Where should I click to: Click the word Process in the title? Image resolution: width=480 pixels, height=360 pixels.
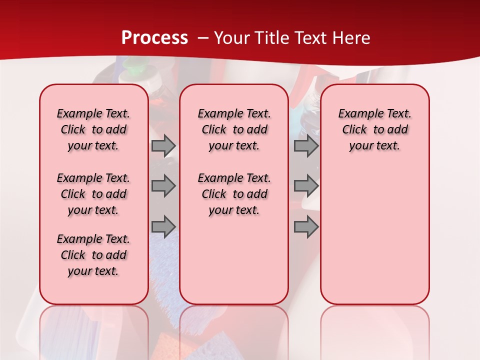click(x=154, y=37)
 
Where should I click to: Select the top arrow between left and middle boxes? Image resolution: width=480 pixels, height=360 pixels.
click(x=163, y=146)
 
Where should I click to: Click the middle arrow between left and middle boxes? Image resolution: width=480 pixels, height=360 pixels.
click(x=163, y=186)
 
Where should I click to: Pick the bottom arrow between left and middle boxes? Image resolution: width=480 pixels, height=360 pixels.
click(x=163, y=226)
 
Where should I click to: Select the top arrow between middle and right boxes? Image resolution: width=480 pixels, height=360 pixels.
click(x=306, y=146)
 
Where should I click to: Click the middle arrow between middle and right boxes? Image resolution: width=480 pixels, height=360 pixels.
click(x=306, y=186)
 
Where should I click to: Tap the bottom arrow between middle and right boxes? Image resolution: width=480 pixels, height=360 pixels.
click(x=306, y=226)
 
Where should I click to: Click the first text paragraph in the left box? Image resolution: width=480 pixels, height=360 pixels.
click(x=93, y=129)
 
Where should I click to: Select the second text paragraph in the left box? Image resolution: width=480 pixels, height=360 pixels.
click(x=93, y=194)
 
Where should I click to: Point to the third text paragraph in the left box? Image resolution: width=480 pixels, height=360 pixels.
click(x=93, y=255)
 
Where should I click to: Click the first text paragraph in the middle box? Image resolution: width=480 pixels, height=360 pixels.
click(x=234, y=129)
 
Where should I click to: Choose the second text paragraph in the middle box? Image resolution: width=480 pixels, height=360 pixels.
click(x=234, y=194)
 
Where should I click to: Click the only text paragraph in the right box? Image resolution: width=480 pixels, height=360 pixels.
click(x=375, y=129)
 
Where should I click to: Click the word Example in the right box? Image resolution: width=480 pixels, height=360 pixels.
click(x=356, y=113)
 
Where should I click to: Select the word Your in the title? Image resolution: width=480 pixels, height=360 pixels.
click(x=231, y=37)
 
